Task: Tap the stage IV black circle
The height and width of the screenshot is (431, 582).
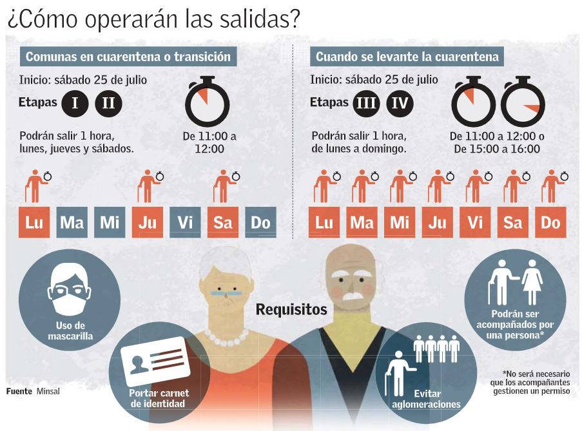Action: [400, 104]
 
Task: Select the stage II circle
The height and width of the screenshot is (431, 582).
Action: [108, 104]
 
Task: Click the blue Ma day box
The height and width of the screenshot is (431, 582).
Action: [72, 223]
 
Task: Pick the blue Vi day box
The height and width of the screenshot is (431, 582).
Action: [185, 223]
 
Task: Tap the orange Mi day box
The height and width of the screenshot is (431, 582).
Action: [400, 223]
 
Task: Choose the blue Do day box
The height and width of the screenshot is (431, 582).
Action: [260, 223]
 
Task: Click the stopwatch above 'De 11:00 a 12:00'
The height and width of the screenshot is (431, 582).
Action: [207, 102]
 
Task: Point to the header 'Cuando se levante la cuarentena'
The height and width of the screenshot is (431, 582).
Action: [407, 57]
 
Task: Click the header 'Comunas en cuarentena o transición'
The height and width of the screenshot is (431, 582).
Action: [128, 57]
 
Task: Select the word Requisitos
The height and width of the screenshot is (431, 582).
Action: [291, 310]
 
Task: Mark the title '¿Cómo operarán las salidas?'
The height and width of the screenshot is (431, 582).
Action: [153, 19]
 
